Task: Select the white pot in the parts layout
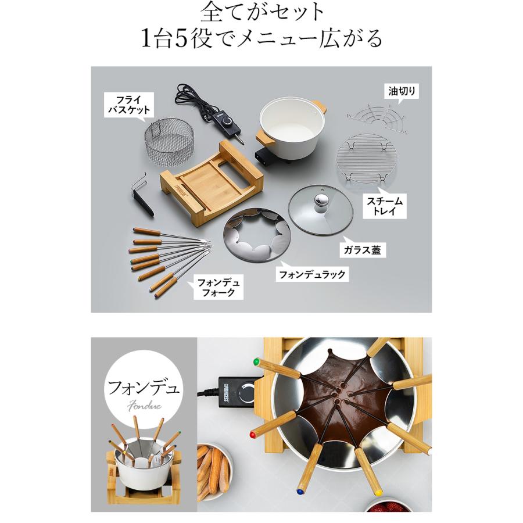(x=287, y=125)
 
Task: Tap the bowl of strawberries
(x=386, y=506)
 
